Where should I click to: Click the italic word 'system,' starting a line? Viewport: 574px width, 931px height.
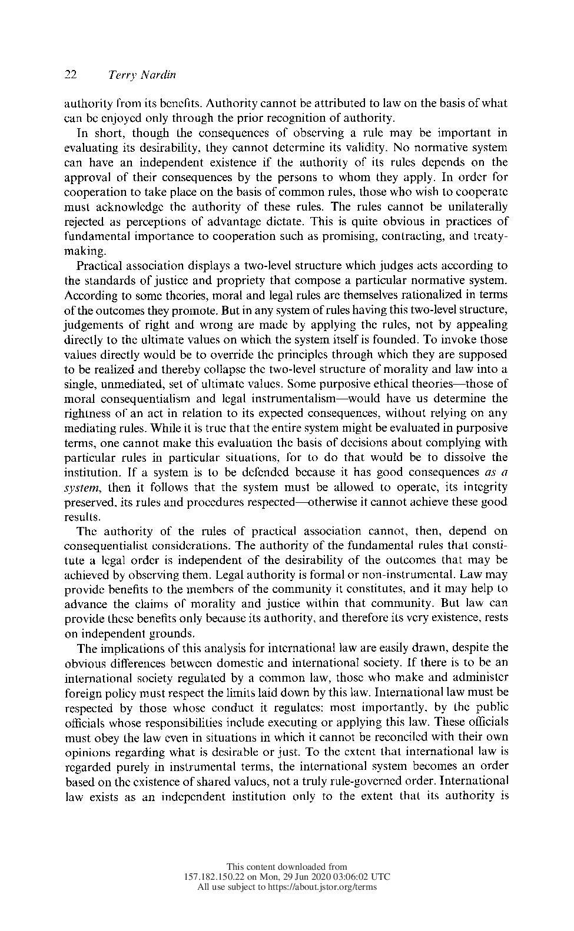click(81, 487)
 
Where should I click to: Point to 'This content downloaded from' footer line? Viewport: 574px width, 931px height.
click(287, 866)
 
